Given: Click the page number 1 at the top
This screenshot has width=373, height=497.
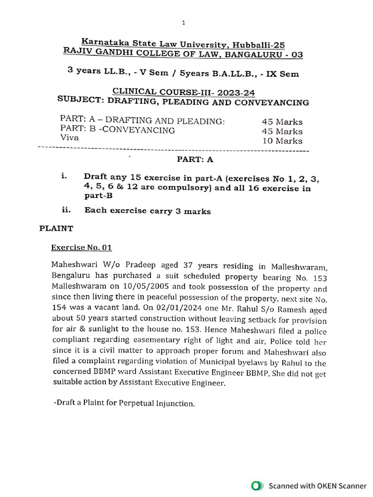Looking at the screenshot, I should pos(184,22).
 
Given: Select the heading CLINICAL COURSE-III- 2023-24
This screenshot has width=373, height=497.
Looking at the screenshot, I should pos(184,92).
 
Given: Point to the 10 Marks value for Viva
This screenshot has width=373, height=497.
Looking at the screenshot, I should pos(282,141).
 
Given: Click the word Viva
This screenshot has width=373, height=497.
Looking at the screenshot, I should pos(69,138).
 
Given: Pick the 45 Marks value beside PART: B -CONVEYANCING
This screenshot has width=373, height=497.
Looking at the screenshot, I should pos(282,132).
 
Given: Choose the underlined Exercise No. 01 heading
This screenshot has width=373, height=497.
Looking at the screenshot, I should pos(82,248).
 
